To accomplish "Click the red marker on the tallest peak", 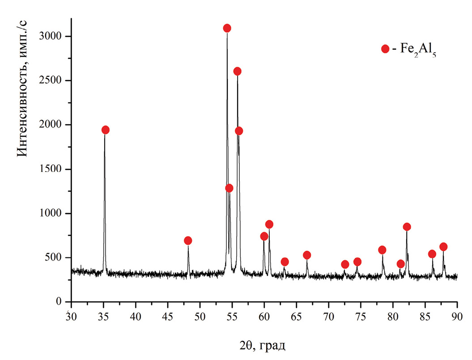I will pos(227,28).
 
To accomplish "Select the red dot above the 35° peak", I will pos(106,130).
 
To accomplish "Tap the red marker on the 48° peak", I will pos(188,240).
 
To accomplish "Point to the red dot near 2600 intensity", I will pos(238,71).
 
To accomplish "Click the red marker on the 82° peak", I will pos(407,227).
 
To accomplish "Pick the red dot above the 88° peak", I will pos(443,247).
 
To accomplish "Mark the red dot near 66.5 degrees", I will pos(307,255).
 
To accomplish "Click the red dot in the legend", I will pos(385,49).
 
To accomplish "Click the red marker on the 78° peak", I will pos(382,250).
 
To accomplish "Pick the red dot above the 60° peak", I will pos(264,236).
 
